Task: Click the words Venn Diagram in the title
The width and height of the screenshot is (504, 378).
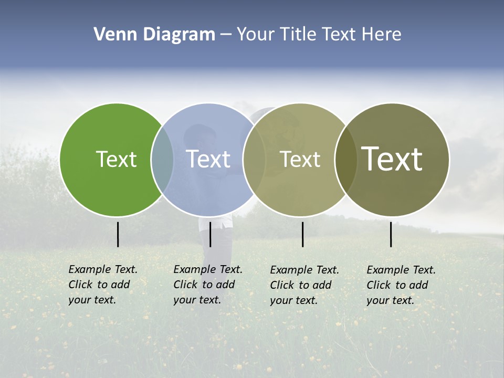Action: pos(154,35)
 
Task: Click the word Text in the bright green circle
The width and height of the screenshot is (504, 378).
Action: pos(116,159)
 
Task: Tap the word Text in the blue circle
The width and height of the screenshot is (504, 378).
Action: pos(208,159)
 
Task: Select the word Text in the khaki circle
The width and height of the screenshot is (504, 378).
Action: pos(300,159)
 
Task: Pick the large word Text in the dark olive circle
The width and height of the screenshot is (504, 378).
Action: pos(392,159)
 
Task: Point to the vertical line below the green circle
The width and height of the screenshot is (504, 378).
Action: pos(118,234)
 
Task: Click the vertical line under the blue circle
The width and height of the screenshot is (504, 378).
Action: pos(210,234)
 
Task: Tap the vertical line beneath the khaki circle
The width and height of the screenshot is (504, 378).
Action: pos(302,234)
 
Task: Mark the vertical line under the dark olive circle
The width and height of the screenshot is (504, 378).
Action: pos(391,234)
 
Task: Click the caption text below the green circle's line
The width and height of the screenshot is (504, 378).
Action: pos(103,285)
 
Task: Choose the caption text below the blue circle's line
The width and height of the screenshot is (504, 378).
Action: pos(208,285)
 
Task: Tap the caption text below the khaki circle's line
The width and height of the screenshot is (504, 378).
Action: pos(304,285)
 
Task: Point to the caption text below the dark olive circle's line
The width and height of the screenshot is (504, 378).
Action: pos(401,285)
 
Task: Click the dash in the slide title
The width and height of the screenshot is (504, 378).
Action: pos(226,35)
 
